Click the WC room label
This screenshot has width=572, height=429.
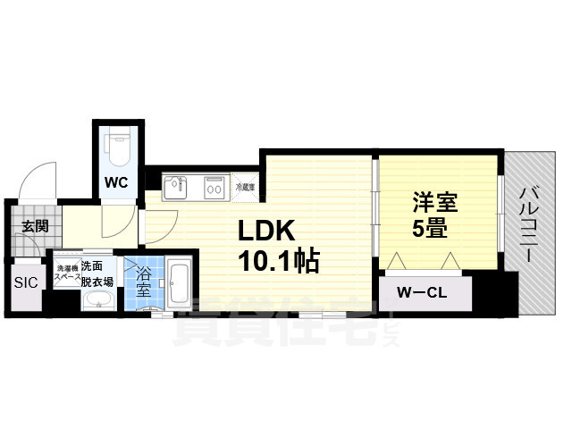tap(117, 182)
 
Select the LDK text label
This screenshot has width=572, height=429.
tap(265, 231)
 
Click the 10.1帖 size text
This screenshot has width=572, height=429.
tap(278, 262)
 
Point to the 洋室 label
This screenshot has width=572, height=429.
tap(434, 202)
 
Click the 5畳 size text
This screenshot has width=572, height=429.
tap(430, 229)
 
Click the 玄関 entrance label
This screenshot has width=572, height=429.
tap(35, 226)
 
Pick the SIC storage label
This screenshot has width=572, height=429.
tap(25, 284)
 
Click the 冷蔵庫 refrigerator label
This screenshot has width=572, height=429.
tap(245, 188)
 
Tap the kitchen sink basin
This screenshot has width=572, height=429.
tap(174, 189)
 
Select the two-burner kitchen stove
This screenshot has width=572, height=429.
tap(215, 188)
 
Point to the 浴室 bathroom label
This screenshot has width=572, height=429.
tap(143, 284)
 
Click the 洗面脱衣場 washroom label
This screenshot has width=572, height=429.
tap(97, 273)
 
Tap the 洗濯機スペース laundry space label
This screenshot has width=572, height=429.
tap(68, 273)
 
